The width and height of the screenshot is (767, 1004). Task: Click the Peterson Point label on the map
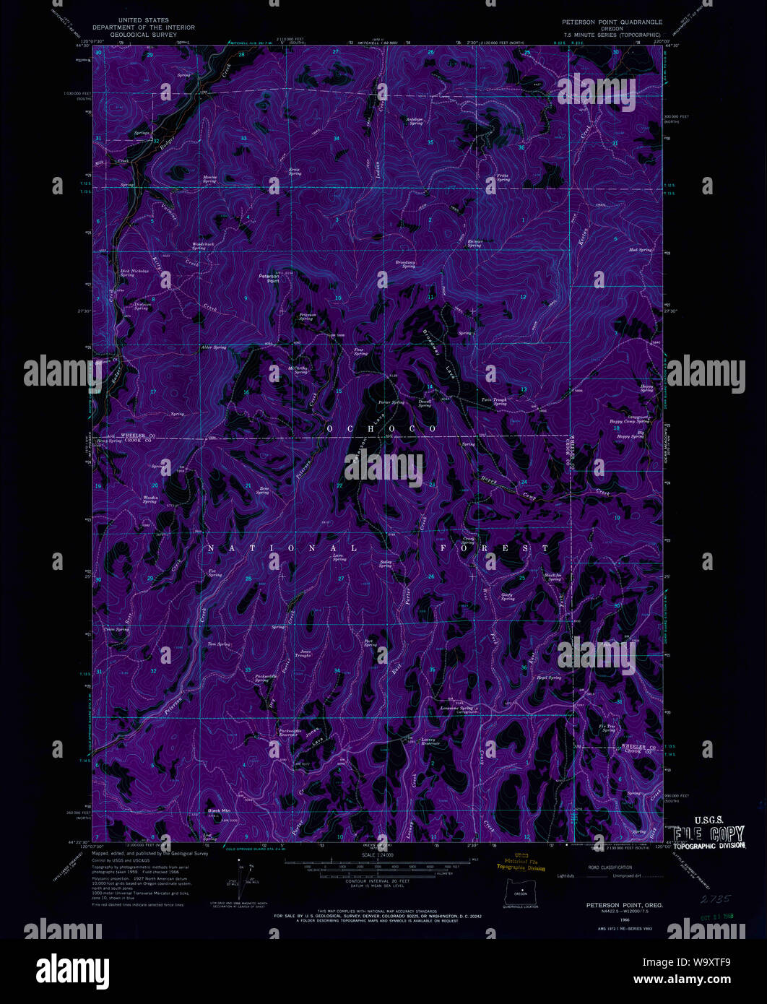point(269,278)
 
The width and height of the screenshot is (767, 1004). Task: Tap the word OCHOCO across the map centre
point(382,429)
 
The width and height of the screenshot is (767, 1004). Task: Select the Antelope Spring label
point(415,121)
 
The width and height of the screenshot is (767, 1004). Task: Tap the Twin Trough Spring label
point(500,401)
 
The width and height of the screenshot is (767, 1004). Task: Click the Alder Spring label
point(214,347)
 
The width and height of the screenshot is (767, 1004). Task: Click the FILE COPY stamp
point(708,832)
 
